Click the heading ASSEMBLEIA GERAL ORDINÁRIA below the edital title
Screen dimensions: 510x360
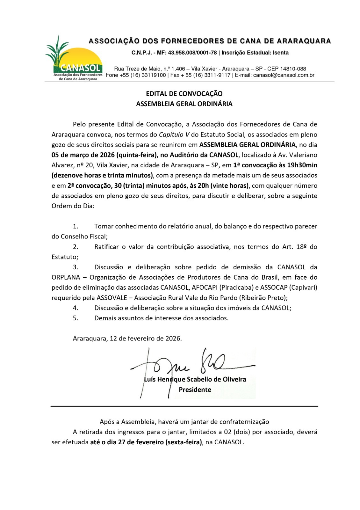click(x=184, y=104)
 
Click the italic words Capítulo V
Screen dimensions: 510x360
click(x=174, y=135)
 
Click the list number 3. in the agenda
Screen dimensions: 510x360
click(x=76, y=267)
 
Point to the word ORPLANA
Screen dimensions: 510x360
click(x=66, y=277)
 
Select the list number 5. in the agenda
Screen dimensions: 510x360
click(x=76, y=318)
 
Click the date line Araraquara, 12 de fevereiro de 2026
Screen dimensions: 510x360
click(x=127, y=339)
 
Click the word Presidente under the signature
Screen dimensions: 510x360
click(x=195, y=390)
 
